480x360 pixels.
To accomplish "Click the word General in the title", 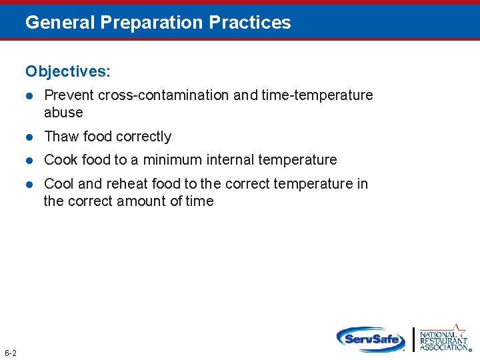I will pos(60,23).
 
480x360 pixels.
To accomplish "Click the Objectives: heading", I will pos(69,71).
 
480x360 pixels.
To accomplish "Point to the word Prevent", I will pos(69,95).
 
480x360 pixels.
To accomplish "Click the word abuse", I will pos(63,113).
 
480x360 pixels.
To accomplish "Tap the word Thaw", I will pos(61,137).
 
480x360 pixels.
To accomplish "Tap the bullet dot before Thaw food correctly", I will pos(29,137).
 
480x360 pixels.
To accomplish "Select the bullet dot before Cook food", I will pos(29,161).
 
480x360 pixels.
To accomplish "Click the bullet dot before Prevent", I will pos(29,96).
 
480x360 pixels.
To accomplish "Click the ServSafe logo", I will pos(371,339).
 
